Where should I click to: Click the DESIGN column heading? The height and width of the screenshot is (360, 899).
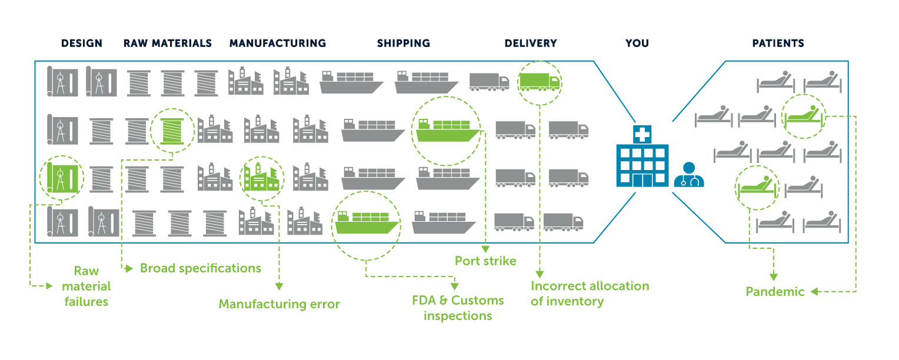coord(82,44)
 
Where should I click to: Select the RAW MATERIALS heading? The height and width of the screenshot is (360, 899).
coord(168,44)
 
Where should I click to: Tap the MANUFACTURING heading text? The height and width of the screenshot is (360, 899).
coord(278,44)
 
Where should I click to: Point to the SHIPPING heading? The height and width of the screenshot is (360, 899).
coord(404,44)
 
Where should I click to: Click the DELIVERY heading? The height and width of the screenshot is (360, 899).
coord(531,44)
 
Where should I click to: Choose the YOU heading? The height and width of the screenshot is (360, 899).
coord(637,44)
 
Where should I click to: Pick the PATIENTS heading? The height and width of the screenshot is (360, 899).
coord(778,44)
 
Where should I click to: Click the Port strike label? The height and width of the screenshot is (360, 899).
coord(485,260)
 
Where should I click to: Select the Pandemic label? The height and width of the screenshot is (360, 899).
coord(775,292)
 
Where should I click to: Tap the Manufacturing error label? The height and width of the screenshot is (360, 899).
coord(279,304)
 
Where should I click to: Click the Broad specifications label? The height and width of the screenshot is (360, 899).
coord(200,268)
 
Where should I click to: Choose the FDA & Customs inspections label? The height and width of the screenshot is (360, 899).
coord(458,308)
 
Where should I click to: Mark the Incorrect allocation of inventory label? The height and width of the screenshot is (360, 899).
coord(590,294)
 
